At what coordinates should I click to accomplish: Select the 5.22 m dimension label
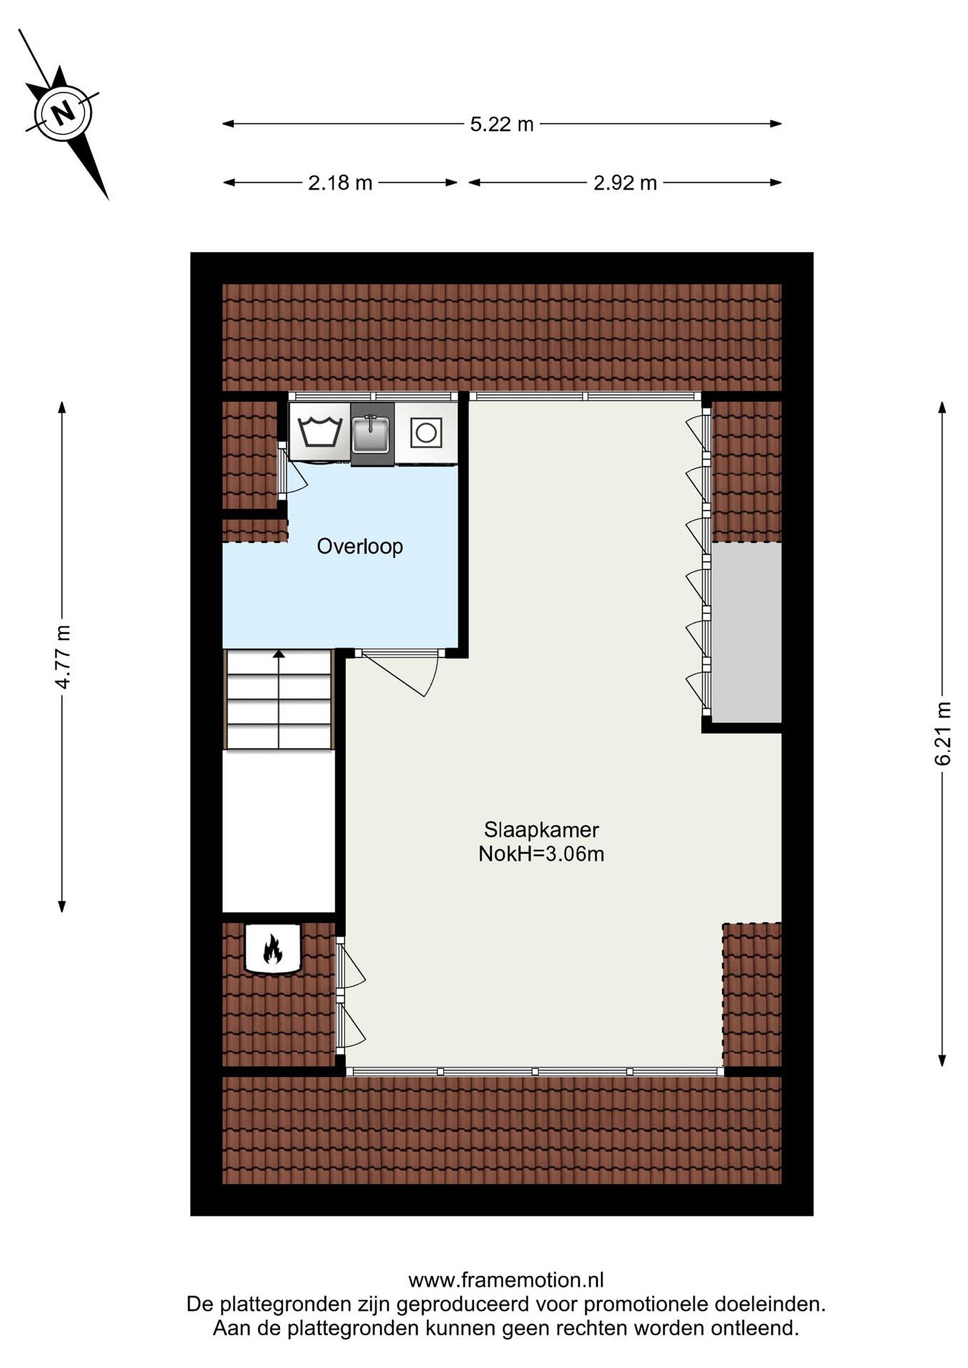[501, 124]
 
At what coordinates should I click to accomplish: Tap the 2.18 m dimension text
[340, 183]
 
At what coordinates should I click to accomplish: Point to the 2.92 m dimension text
[625, 183]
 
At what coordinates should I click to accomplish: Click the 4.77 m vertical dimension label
[63, 656]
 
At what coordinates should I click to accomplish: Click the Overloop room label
[359, 546]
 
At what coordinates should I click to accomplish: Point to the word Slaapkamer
[541, 829]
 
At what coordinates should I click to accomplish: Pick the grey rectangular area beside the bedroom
[747, 633]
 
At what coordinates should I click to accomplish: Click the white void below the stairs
[278, 831]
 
